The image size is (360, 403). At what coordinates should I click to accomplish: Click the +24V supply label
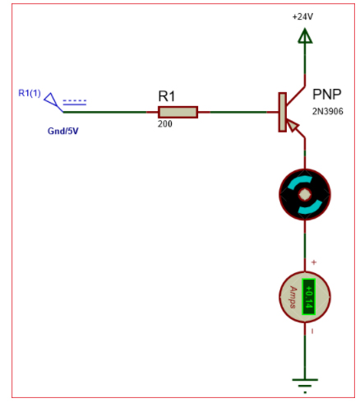pyautogui.click(x=304, y=16)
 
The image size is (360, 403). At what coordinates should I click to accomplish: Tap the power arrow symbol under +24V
pyautogui.click(x=305, y=36)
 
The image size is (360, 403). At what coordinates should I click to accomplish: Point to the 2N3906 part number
pyautogui.click(x=330, y=110)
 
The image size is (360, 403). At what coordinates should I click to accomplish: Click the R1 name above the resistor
pyautogui.click(x=167, y=96)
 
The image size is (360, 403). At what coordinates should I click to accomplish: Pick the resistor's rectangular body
pyautogui.click(x=178, y=113)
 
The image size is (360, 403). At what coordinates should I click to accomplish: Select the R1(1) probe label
pyautogui.click(x=30, y=92)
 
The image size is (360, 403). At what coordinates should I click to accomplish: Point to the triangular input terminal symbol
pyautogui.click(x=53, y=101)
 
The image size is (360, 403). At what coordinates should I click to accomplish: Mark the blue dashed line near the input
pyautogui.click(x=75, y=102)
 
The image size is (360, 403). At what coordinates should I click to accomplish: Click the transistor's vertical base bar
pyautogui.click(x=283, y=113)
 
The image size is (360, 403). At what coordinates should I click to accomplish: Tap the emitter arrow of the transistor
pyautogui.click(x=294, y=127)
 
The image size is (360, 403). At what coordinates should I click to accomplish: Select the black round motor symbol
pyautogui.click(x=305, y=196)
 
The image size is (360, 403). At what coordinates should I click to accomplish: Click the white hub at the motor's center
pyautogui.click(x=305, y=196)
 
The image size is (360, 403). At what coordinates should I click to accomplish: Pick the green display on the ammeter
pyautogui.click(x=309, y=297)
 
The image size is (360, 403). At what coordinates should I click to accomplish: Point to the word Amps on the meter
pyautogui.click(x=293, y=297)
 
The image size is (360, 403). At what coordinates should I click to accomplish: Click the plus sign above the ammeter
pyautogui.click(x=313, y=262)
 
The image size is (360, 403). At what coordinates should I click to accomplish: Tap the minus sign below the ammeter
pyautogui.click(x=313, y=331)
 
